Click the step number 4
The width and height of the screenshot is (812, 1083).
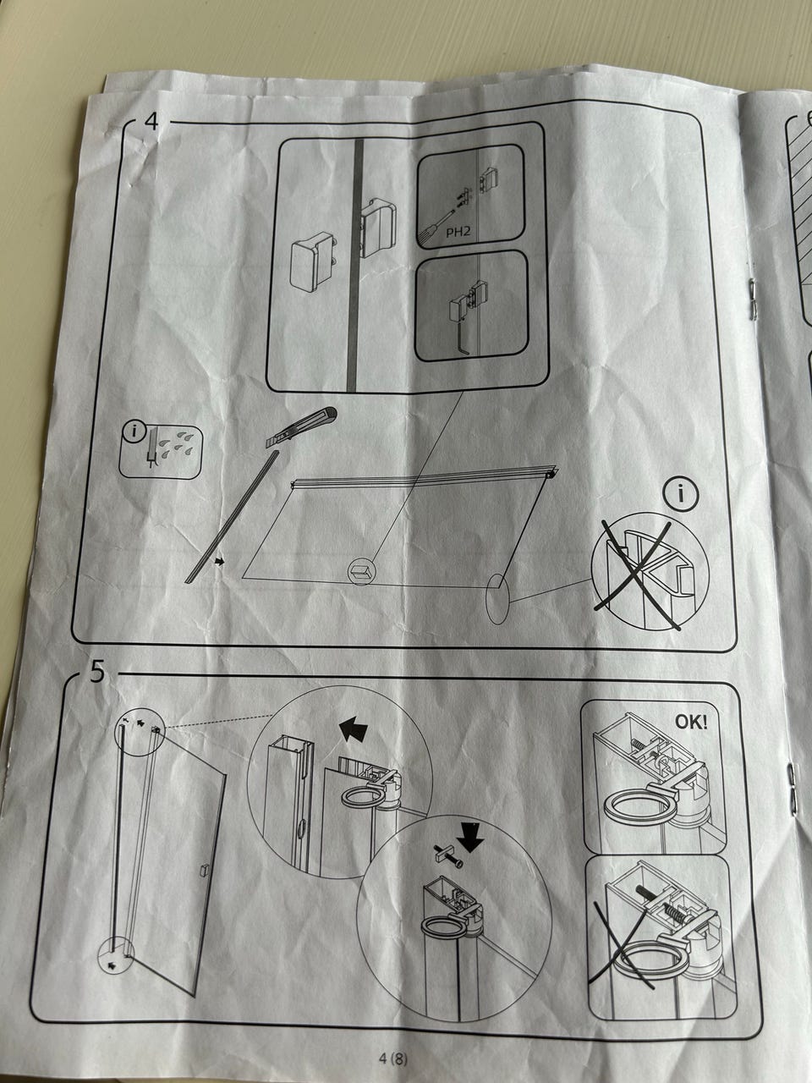pyautogui.click(x=151, y=120)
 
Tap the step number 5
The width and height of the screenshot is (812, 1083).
pyautogui.click(x=97, y=672)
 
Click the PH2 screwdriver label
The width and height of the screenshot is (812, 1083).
pyautogui.click(x=458, y=232)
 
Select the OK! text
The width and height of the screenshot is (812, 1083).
pyautogui.click(x=691, y=723)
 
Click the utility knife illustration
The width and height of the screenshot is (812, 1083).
pyautogui.click(x=302, y=428)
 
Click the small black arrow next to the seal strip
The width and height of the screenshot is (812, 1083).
pyautogui.click(x=220, y=561)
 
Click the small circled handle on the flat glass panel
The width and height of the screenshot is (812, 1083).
pyautogui.click(x=361, y=572)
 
